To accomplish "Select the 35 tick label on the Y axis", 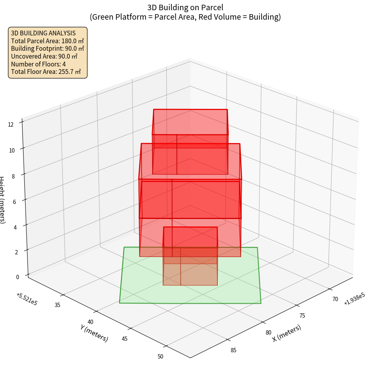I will click(57, 305).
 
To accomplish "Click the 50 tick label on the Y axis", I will click(160, 357).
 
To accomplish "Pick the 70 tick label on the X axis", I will click(335, 299).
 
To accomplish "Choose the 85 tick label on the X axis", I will click(233, 350).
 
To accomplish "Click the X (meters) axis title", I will click(287, 333).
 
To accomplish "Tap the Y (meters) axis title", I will click(94, 333).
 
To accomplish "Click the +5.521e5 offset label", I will click(27, 299).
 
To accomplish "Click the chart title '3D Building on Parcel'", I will click(185, 7).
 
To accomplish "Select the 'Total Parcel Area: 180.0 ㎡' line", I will click(48, 41).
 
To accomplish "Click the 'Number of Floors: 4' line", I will click(39, 64).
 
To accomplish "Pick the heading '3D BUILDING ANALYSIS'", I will click(43, 33).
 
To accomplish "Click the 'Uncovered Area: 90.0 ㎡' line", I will click(48, 56).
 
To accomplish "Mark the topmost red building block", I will click(190, 142).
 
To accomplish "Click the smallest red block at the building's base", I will click(190, 256).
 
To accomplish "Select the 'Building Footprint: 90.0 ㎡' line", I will click(48, 49).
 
